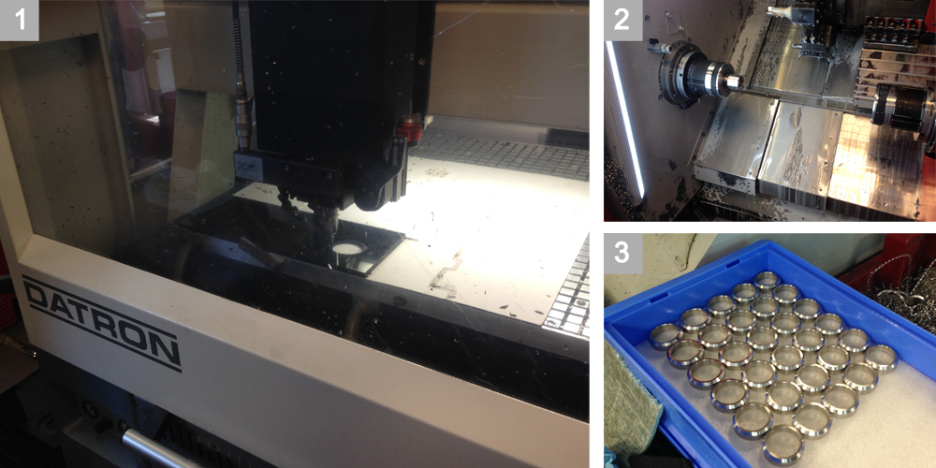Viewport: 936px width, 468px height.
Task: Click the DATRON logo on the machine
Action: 101,322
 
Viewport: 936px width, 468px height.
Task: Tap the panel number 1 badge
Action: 20,21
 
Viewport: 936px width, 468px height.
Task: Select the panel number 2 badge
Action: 623,21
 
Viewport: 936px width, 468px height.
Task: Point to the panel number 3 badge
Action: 623,253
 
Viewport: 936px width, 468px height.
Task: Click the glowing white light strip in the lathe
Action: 624,120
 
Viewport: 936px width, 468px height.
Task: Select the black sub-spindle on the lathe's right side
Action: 900,108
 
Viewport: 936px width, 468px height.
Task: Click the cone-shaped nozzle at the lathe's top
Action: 781,13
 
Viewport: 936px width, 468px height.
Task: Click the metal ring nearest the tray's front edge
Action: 782,444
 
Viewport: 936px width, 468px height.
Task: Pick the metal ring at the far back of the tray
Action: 767,279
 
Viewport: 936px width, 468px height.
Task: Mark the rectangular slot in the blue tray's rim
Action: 654,297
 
